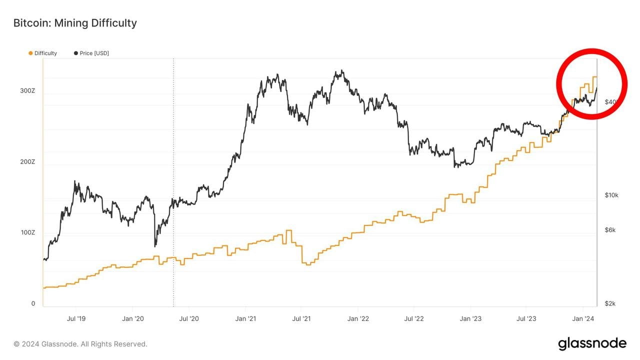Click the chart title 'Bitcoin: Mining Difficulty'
coord(75,23)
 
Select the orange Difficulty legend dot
coord(31,53)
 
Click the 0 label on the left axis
coord(33,303)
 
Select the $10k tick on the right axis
coord(611,195)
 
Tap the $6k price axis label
coord(610,230)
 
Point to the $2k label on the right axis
coord(610,303)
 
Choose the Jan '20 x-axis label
coord(133,318)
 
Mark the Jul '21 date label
coord(301,318)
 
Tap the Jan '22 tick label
coord(358,318)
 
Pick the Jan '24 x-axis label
coord(583,318)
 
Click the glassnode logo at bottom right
coord(592,343)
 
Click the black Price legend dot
coord(76,53)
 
